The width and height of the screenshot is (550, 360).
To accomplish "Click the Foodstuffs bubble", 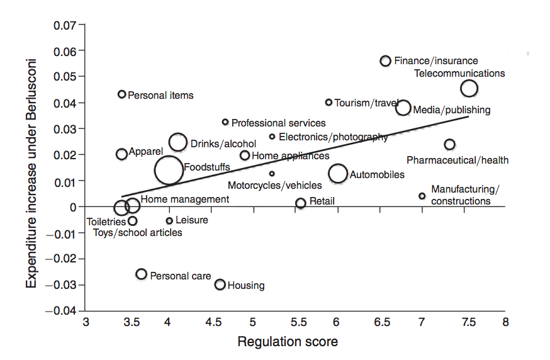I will [x=168, y=170].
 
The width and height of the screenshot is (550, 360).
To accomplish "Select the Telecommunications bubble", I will [x=469, y=88].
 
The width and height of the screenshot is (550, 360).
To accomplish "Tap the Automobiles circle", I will [x=338, y=173].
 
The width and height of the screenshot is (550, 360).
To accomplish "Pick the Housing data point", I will [x=220, y=284].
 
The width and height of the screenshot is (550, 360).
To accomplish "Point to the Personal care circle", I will [x=142, y=274].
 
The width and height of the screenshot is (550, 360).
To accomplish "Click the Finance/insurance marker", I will [x=386, y=60].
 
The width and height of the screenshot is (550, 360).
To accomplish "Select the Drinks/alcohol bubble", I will [x=178, y=142].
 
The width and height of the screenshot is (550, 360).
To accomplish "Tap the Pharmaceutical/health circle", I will [x=449, y=145].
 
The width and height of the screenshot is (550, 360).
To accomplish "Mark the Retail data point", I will [x=301, y=203].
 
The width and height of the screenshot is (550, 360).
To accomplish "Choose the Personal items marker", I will [x=122, y=94].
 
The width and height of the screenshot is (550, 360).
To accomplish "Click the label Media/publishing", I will [x=452, y=110].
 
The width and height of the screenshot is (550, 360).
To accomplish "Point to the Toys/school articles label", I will [x=138, y=233].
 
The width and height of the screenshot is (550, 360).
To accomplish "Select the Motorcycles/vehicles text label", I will [x=274, y=186].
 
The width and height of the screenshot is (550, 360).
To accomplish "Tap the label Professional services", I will [x=279, y=123].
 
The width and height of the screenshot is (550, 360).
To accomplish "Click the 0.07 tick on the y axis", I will [x=65, y=25].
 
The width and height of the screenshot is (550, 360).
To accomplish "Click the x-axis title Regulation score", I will [x=288, y=342].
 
